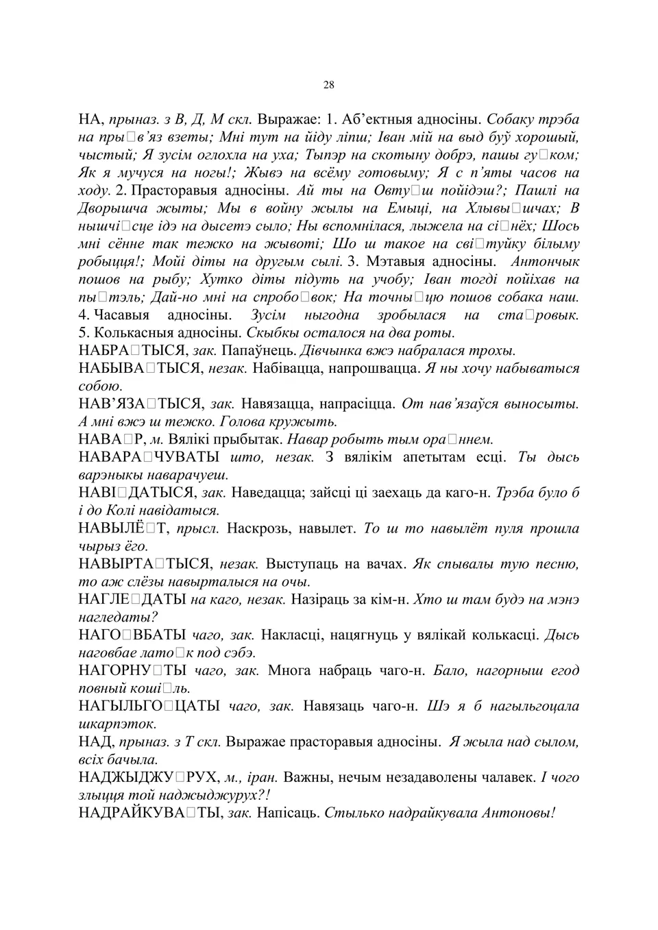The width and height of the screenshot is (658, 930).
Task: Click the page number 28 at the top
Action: (328, 85)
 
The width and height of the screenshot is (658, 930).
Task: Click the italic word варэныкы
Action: (112, 475)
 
